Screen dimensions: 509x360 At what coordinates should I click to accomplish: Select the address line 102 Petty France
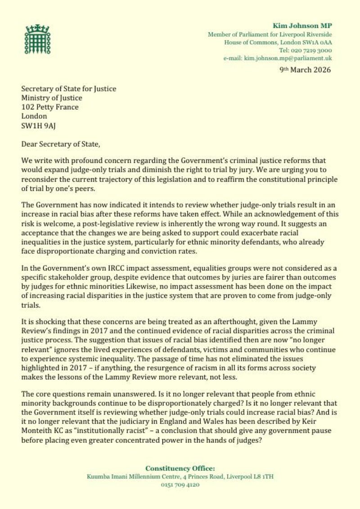(50, 107)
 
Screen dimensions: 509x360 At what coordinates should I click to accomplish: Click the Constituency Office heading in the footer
(180, 468)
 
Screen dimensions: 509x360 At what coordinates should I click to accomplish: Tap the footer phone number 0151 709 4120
(180, 485)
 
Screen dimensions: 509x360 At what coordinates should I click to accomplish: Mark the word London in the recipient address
(34, 116)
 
